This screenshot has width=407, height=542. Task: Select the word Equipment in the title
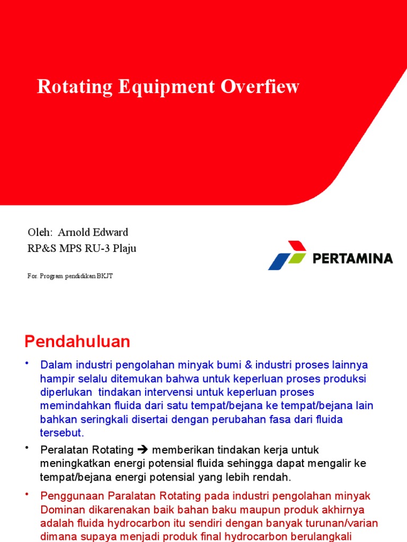coord(162,87)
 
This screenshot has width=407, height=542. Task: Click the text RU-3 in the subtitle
coord(95,248)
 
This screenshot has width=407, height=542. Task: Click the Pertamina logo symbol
coord(287,255)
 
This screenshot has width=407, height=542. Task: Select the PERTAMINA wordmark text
coord(352,259)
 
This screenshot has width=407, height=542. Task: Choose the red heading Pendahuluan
coord(77,341)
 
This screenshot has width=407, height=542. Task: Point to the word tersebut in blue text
coord(62,433)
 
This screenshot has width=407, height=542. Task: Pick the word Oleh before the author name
coord(39,232)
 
